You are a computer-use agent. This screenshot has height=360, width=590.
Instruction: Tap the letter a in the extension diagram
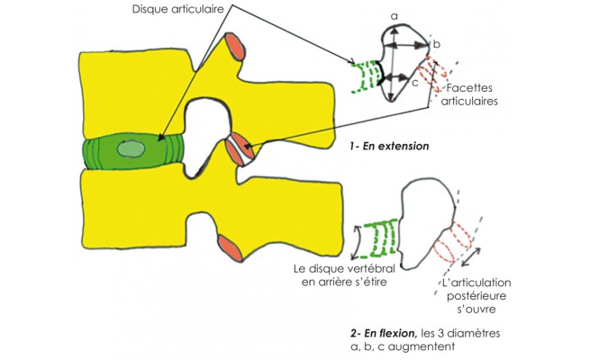click(395, 17)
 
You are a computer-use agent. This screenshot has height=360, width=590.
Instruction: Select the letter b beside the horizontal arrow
click(436, 43)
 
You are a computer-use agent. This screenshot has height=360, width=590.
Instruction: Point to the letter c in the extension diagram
click(413, 84)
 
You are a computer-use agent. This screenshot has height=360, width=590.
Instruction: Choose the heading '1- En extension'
click(390, 144)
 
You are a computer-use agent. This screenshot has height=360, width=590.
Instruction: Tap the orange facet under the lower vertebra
click(230, 247)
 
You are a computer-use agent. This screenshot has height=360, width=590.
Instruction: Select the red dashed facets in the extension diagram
click(440, 76)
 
